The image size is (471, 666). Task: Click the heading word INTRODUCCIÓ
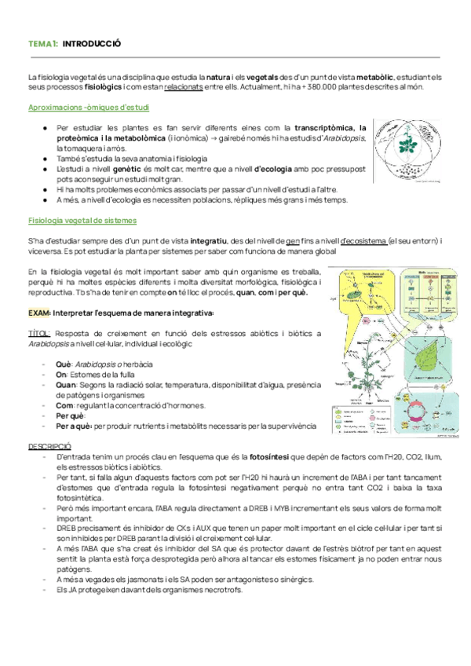click(x=92, y=44)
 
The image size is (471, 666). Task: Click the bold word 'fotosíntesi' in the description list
click(x=271, y=456)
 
